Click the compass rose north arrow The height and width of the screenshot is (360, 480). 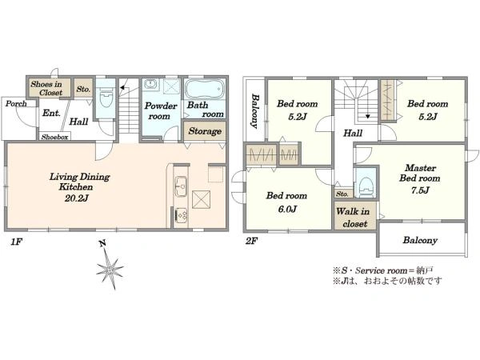[110, 267]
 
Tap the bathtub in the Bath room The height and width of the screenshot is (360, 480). [204, 90]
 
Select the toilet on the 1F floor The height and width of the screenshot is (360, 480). [106, 98]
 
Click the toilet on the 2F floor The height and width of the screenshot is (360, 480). [366, 186]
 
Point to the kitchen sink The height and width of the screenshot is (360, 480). [181, 186]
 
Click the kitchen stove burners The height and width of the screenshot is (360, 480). [181, 214]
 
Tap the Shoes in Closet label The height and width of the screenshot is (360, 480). [47, 89]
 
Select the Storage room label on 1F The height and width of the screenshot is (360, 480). [205, 131]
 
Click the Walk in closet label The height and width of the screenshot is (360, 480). [354, 218]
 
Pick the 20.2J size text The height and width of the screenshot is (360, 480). [77, 198]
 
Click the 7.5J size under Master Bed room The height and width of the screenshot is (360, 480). [420, 190]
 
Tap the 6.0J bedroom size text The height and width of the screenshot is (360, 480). [287, 210]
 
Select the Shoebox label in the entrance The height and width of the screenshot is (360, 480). [54, 137]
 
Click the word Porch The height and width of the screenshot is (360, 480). [16, 104]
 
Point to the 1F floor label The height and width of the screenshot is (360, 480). [17, 242]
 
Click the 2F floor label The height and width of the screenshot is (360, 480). [251, 242]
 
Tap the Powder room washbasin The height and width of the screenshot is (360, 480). [150, 84]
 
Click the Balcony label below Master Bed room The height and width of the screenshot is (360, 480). [420, 240]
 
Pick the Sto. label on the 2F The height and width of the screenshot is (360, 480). [342, 194]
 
